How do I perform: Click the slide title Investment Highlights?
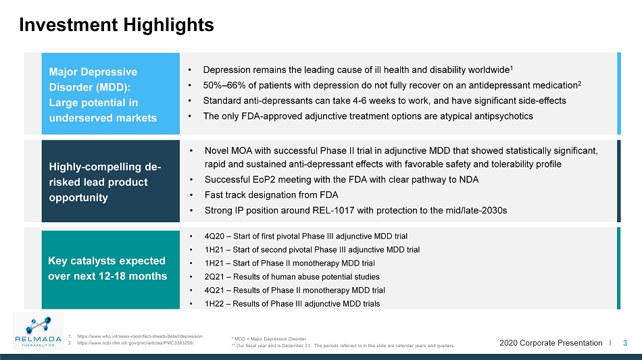(116, 25)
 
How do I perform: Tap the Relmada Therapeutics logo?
(38, 330)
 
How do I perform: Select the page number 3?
(625, 343)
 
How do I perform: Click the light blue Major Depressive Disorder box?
(111, 94)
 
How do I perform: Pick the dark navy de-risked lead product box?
(111, 181)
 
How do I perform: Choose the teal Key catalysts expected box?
(111, 269)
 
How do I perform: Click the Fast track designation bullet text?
(272, 195)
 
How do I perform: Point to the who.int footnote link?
(140, 336)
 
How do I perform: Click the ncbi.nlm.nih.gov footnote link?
(136, 343)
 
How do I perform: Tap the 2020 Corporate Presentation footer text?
(551, 343)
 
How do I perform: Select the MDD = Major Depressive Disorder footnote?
(269, 339)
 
